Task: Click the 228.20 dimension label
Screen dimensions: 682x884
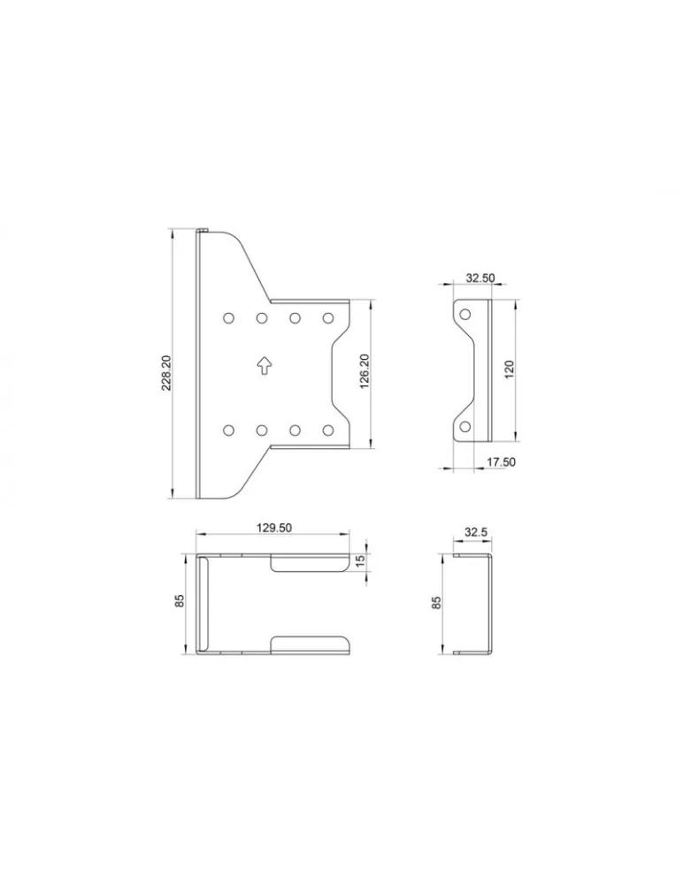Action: click(167, 373)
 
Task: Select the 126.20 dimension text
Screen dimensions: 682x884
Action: click(364, 372)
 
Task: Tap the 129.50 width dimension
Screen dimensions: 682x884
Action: click(274, 529)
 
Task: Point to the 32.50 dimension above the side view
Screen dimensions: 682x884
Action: click(480, 278)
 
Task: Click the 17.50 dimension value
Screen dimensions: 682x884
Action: click(501, 462)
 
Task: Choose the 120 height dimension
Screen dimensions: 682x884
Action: click(510, 370)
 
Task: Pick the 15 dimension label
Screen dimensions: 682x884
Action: click(360, 561)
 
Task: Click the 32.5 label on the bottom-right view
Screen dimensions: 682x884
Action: click(476, 532)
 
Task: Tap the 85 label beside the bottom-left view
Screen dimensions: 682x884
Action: click(180, 601)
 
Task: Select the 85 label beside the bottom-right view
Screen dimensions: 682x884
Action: click(436, 603)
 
